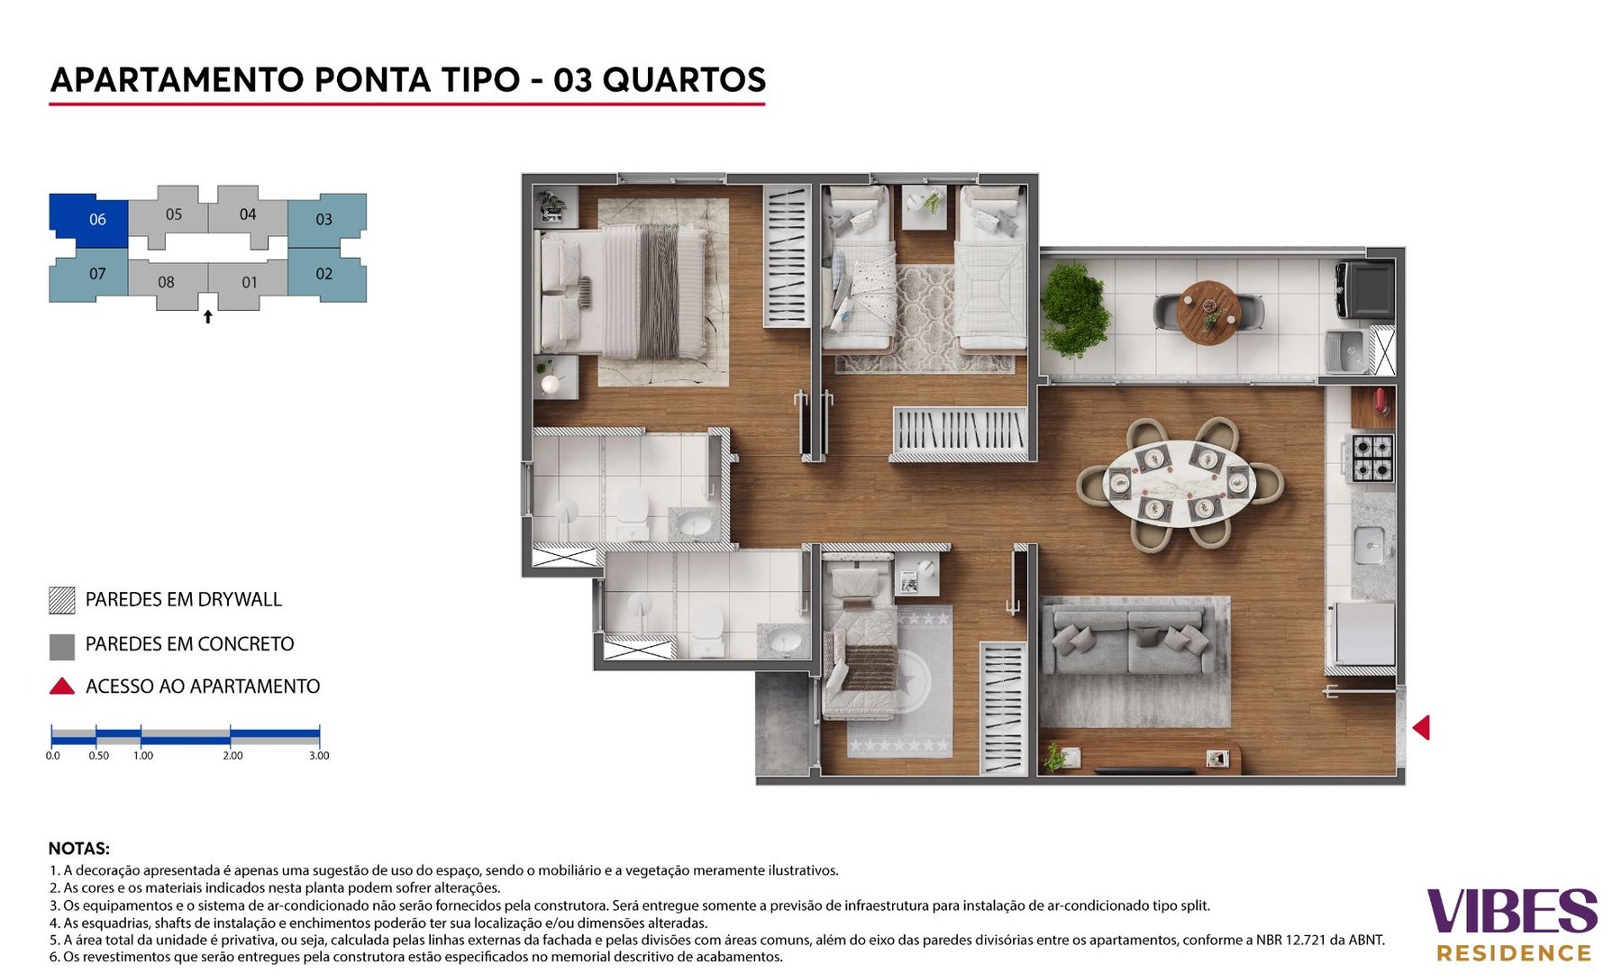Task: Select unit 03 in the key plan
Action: click(x=324, y=219)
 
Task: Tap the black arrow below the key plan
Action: click(x=208, y=317)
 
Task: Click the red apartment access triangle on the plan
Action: click(x=1421, y=727)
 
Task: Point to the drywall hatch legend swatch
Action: click(x=62, y=600)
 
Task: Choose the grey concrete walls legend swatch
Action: click(x=62, y=646)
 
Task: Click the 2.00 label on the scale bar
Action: click(x=232, y=756)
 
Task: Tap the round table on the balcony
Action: click(x=1208, y=312)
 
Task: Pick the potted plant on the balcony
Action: click(x=1073, y=310)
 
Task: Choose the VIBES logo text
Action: click(x=1511, y=911)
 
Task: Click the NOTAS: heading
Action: click(x=79, y=849)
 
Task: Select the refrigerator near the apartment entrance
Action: click(x=1363, y=634)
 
